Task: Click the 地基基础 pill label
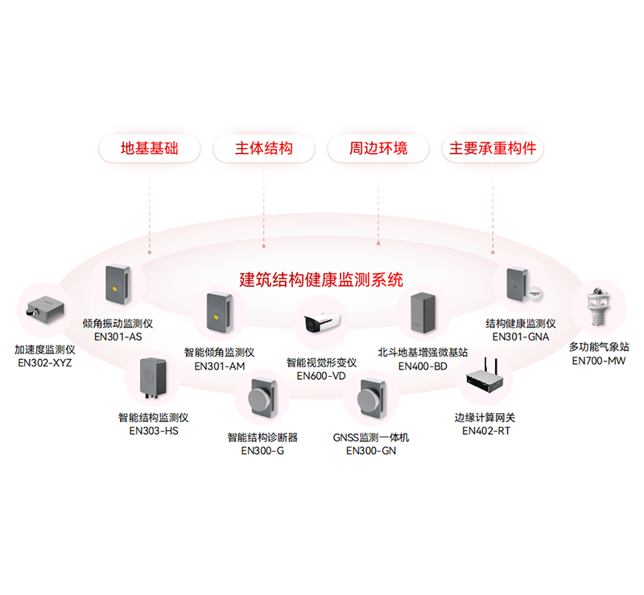click(x=149, y=149)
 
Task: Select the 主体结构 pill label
click(x=263, y=149)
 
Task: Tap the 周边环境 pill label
click(x=378, y=149)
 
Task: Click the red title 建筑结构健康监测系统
click(x=321, y=279)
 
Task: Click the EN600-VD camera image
click(x=321, y=323)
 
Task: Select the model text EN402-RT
click(x=485, y=431)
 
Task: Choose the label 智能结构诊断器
click(x=262, y=437)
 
